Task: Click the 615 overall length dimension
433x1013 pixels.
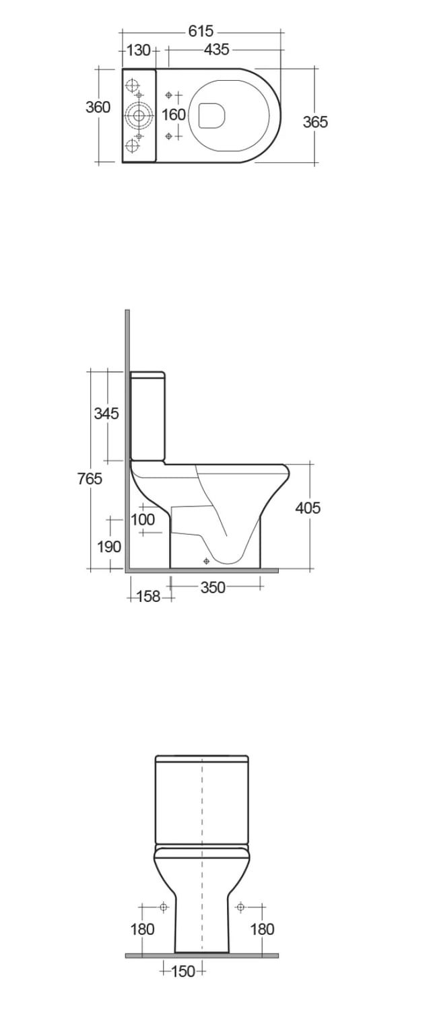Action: (201, 31)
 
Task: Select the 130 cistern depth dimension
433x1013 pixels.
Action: (138, 50)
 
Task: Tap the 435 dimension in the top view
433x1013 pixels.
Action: (217, 50)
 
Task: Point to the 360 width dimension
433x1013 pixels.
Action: (98, 107)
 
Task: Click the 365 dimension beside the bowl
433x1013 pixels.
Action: (315, 122)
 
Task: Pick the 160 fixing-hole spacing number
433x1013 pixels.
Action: (174, 114)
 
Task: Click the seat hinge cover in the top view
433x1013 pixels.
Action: (212, 115)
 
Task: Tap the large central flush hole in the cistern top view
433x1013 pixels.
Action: (139, 115)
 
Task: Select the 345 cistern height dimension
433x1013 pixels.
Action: (106, 414)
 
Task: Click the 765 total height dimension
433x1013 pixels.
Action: (90, 478)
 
